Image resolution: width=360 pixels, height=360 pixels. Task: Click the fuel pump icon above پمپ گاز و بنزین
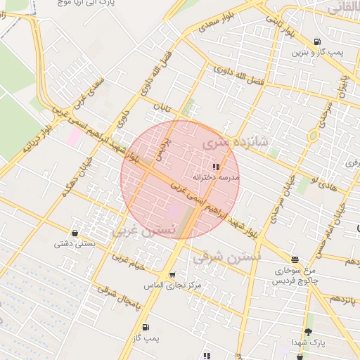[319, 41]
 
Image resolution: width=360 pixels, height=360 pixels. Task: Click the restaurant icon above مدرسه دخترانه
[215, 167]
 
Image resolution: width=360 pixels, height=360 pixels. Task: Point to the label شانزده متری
[226, 142]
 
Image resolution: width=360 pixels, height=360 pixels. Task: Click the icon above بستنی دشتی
[75, 233]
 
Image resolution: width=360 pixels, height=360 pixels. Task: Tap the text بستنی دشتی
[72, 245]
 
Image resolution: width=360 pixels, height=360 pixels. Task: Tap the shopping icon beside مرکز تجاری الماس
[173, 275]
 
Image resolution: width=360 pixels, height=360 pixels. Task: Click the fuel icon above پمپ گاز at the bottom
[146, 327]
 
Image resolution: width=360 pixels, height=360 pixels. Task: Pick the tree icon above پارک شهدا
[308, 332]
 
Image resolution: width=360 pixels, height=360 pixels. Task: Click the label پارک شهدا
[307, 342]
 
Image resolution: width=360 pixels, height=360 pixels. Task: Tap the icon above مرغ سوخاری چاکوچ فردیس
[294, 259]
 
